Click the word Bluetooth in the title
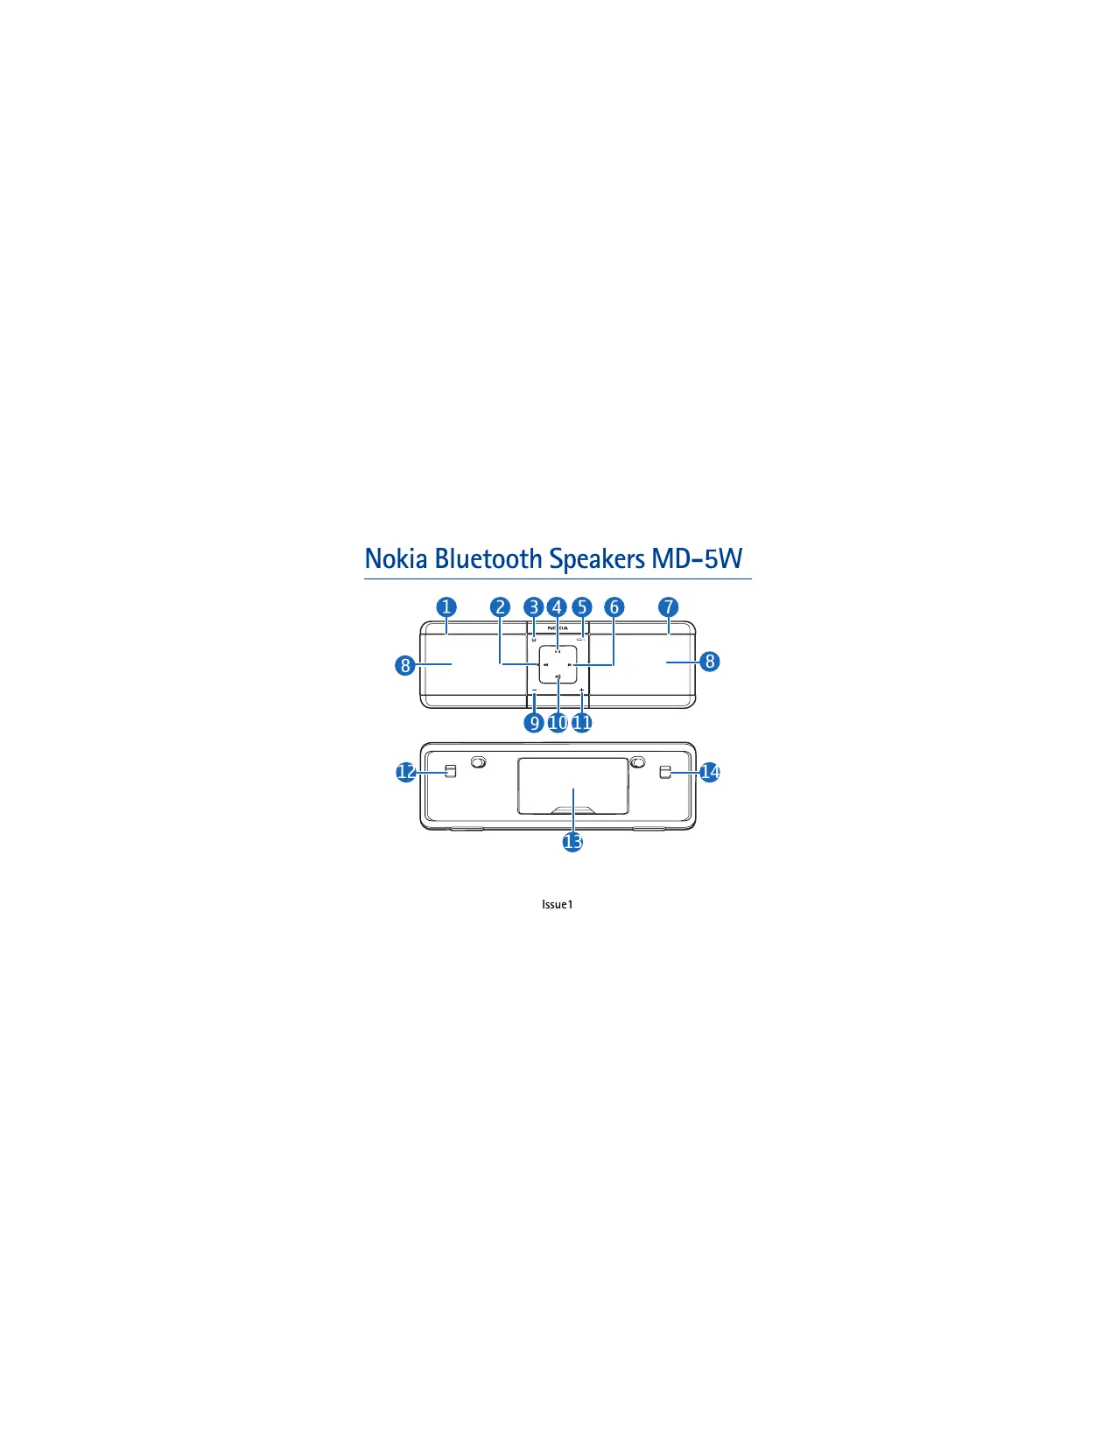pyautogui.click(x=488, y=559)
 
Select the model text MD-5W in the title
pyautogui.click(x=696, y=559)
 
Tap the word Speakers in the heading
pyautogui.click(x=596, y=560)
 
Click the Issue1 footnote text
pyautogui.click(x=557, y=904)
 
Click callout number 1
pyautogui.click(x=446, y=606)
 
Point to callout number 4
pyautogui.click(x=557, y=606)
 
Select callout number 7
pyautogui.click(x=668, y=606)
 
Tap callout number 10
pyautogui.click(x=558, y=722)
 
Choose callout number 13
pyautogui.click(x=572, y=842)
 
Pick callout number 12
pyautogui.click(x=405, y=772)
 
